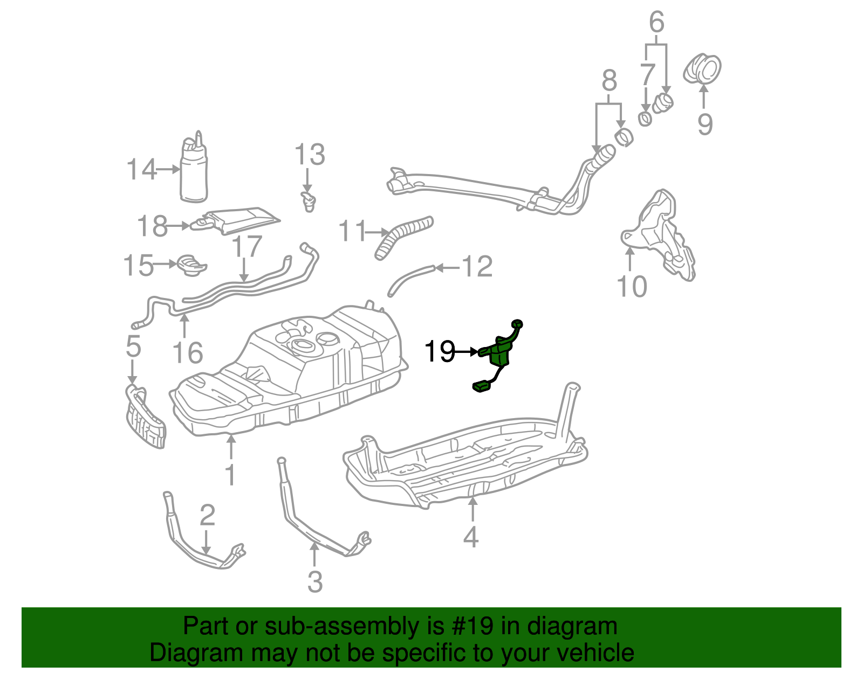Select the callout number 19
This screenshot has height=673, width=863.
tap(439, 352)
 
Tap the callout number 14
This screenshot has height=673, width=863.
tap(141, 169)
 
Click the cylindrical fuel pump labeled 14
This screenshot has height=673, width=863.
tap(193, 172)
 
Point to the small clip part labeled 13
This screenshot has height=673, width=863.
tap(308, 202)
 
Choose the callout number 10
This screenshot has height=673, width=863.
tap(632, 286)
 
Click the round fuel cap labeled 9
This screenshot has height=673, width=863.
tap(703, 69)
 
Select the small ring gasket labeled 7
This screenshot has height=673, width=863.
tap(645, 119)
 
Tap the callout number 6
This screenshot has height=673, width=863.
tap(656, 23)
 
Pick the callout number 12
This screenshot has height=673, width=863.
tap(478, 266)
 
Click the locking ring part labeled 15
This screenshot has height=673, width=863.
tap(191, 265)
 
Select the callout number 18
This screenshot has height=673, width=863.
tap(152, 226)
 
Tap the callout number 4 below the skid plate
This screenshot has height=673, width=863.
tap(471, 536)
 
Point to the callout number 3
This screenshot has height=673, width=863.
tap(315, 581)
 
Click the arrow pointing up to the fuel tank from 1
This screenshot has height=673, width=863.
tap(231, 447)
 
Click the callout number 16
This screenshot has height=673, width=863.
tap(187, 353)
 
